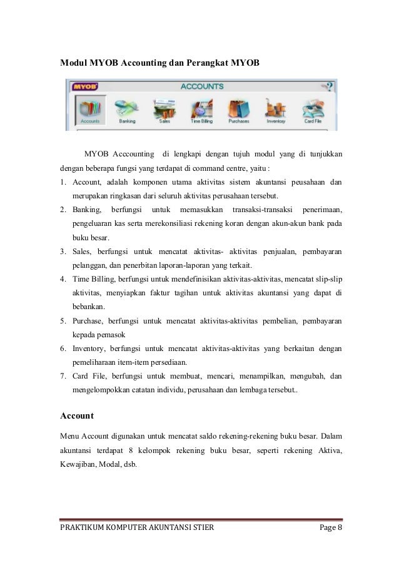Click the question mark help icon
(330, 86)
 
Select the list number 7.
(63, 377)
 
